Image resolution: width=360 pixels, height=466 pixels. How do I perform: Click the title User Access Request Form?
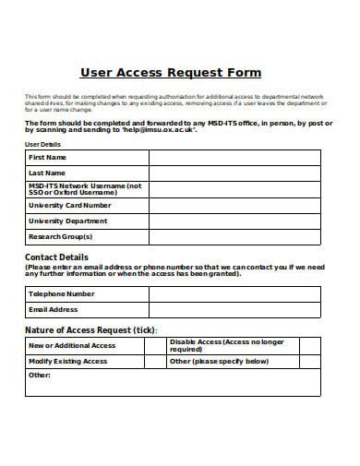pos(171,72)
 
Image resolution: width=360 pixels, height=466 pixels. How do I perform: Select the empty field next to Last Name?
pos(234,173)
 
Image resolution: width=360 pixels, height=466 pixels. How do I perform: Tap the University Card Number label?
pos(70,206)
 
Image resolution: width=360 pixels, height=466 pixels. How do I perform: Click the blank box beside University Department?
pos(234,221)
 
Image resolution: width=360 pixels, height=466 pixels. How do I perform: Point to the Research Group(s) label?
pos(61,236)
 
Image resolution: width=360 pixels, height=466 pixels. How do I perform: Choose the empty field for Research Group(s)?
pos(234,236)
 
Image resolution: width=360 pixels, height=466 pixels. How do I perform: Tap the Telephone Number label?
pos(62,294)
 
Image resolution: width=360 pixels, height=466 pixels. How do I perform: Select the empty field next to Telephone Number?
pos(234,294)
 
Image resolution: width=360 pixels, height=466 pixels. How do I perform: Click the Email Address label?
pos(54,310)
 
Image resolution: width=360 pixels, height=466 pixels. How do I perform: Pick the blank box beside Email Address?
pos(234,310)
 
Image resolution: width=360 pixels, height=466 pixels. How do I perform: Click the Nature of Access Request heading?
pos(90,329)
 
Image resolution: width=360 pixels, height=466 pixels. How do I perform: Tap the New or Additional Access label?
pos(73,345)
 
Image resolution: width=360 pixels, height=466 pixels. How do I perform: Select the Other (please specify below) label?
pos(219,362)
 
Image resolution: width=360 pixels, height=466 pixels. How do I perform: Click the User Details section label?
pos(42,145)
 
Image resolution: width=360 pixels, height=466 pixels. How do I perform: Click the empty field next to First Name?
pos(234,158)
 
